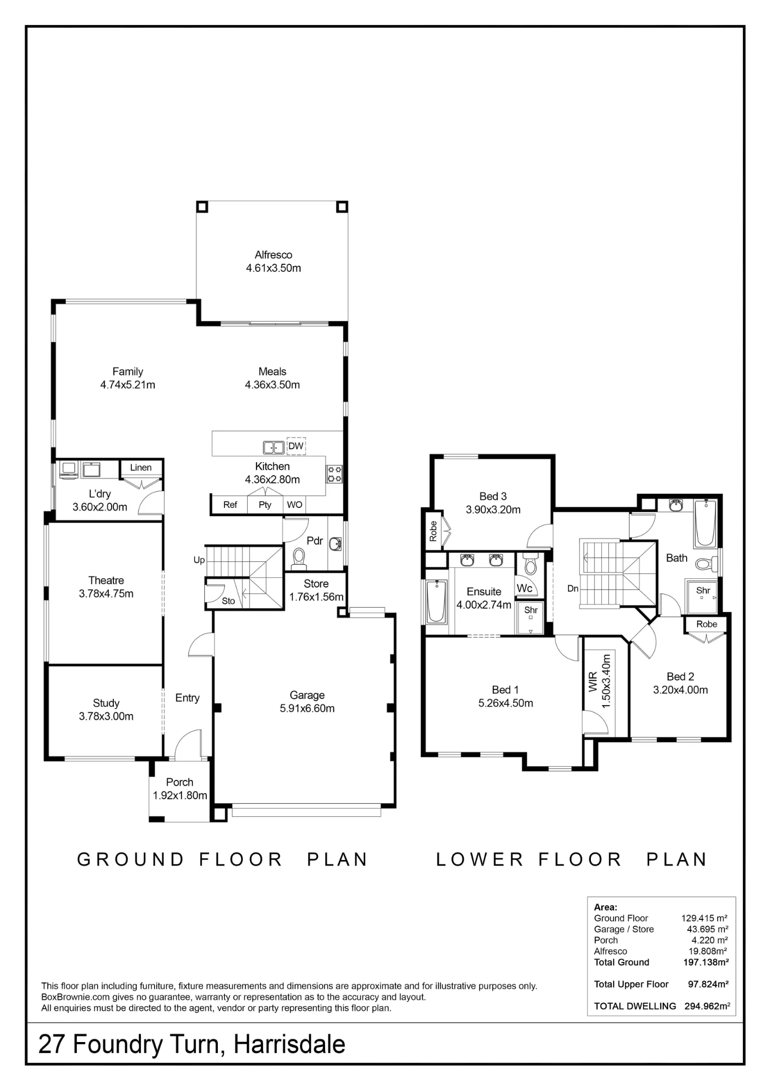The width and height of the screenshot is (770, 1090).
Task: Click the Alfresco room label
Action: (x=273, y=255)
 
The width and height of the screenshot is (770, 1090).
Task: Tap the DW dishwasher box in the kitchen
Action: (x=296, y=446)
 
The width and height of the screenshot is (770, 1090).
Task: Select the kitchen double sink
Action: (x=274, y=447)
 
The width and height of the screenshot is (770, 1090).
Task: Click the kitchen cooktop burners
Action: (x=334, y=474)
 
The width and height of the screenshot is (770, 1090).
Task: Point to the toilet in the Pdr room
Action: (x=299, y=558)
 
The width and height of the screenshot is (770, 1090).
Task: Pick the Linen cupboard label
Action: (x=140, y=468)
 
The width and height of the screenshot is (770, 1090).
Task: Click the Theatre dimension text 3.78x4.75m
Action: (x=106, y=594)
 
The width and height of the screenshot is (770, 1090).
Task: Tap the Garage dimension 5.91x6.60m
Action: (x=307, y=708)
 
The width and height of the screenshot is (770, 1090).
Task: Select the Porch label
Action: (x=180, y=783)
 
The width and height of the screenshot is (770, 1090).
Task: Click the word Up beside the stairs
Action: (x=199, y=560)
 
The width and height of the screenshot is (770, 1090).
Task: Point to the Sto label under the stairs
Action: (x=228, y=601)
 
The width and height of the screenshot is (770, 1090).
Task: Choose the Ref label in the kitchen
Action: (x=230, y=505)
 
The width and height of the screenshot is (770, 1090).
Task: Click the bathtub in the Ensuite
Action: (x=437, y=601)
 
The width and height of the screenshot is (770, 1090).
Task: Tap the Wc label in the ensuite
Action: (x=524, y=588)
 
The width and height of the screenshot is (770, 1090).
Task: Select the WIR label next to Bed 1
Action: (x=594, y=682)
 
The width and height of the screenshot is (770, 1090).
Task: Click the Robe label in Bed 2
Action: (x=707, y=625)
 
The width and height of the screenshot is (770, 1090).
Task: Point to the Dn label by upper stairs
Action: (x=573, y=589)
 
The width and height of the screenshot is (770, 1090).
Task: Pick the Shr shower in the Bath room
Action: (x=701, y=596)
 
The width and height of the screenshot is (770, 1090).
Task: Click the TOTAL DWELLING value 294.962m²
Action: (x=707, y=1006)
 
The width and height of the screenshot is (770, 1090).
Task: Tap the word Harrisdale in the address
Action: (x=290, y=1044)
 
